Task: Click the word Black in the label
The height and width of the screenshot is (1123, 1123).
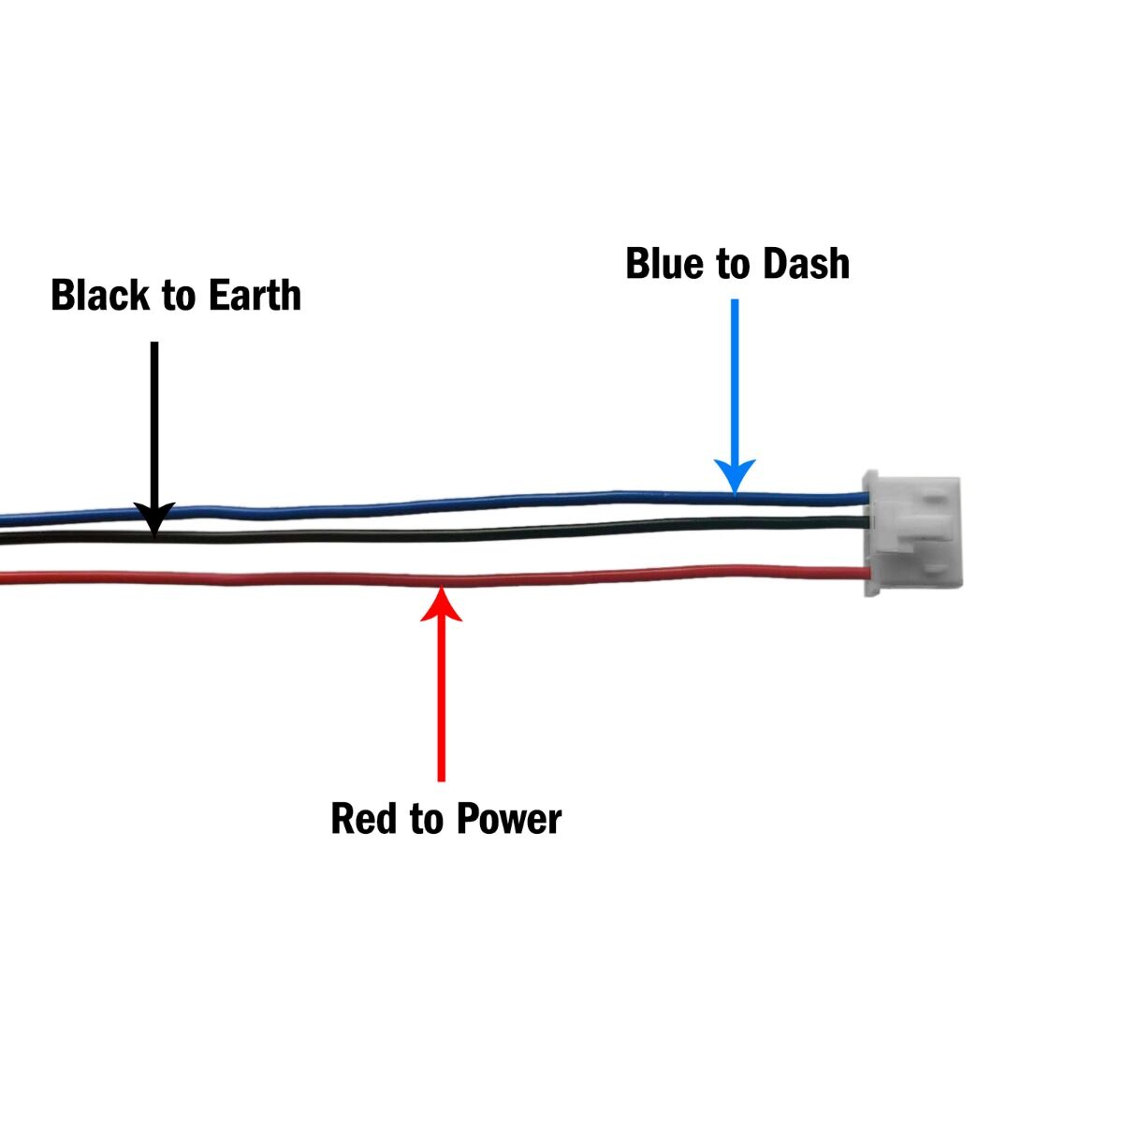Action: (x=99, y=295)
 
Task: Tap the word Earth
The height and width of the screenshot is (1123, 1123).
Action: (x=255, y=295)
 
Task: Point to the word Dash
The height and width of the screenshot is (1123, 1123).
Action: (x=806, y=263)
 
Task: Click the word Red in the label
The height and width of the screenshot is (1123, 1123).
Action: (x=363, y=819)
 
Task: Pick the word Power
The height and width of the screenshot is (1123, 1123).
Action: (x=509, y=819)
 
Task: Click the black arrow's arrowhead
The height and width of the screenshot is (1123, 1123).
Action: (x=154, y=518)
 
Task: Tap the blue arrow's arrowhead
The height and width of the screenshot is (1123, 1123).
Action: (x=735, y=475)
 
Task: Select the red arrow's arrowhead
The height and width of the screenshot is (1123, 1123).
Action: (x=441, y=604)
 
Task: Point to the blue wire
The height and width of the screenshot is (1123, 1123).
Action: (x=434, y=504)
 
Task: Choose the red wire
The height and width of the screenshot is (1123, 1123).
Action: (x=434, y=578)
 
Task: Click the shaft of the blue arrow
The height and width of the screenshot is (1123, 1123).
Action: (x=735, y=380)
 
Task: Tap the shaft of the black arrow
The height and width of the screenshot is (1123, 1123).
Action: (x=154, y=422)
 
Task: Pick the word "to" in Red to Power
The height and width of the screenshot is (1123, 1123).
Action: (x=426, y=820)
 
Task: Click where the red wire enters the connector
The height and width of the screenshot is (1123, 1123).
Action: (x=868, y=574)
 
